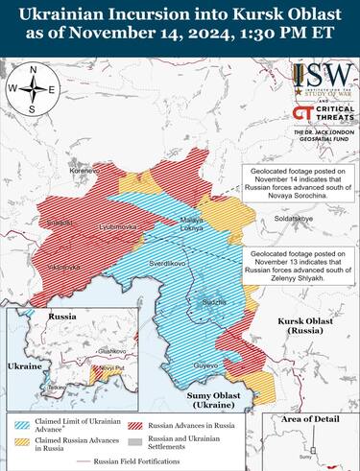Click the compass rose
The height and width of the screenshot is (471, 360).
pos(34,90)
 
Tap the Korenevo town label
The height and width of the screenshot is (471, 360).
pos(58,171)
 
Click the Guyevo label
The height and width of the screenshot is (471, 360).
pos(205,365)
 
